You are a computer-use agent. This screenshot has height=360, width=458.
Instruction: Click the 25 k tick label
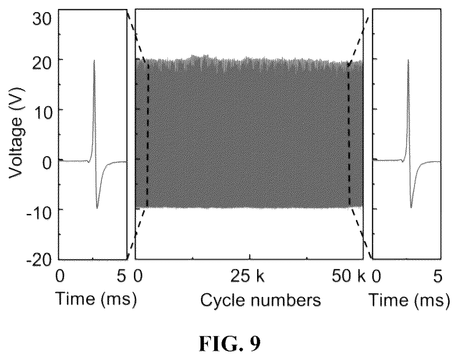[x=247, y=276]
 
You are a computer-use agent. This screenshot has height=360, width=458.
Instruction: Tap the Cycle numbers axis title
[x=260, y=300]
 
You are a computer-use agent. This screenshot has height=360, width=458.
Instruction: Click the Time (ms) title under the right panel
[x=409, y=300]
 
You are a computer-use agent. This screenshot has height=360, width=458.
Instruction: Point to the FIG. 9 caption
[x=230, y=344]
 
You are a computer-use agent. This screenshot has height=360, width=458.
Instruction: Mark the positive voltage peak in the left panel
[x=94, y=61]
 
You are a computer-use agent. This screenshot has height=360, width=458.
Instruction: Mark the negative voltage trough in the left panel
[x=97, y=208]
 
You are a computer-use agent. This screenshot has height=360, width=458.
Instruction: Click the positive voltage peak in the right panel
[x=408, y=60]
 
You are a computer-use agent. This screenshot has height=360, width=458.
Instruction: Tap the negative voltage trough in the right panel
[x=411, y=207]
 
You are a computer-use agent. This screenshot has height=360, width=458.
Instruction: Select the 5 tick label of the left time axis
[x=122, y=276]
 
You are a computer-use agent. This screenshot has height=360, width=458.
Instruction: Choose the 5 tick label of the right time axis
[x=437, y=276]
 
